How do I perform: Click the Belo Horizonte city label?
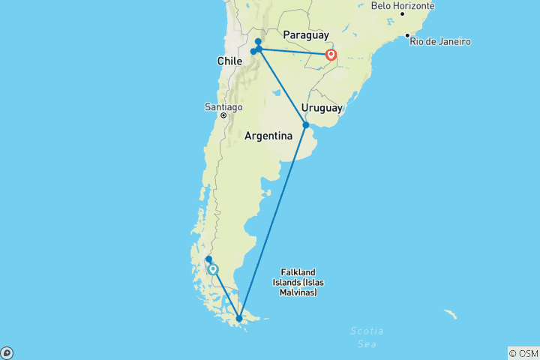403,6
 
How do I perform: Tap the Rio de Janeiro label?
439,41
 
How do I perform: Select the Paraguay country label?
306,35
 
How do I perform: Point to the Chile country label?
229,61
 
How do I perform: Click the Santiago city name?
223,106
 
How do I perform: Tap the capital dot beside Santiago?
223,116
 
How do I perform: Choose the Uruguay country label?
322,108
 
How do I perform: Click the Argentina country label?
268,136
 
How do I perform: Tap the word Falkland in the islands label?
298,272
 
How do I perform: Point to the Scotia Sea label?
367,337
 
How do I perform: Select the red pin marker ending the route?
331,55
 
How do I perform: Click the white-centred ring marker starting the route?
213,269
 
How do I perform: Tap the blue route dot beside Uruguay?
306,125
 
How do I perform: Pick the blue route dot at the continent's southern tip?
239,319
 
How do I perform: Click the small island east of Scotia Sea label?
449,313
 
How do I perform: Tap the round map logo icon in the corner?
6,353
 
